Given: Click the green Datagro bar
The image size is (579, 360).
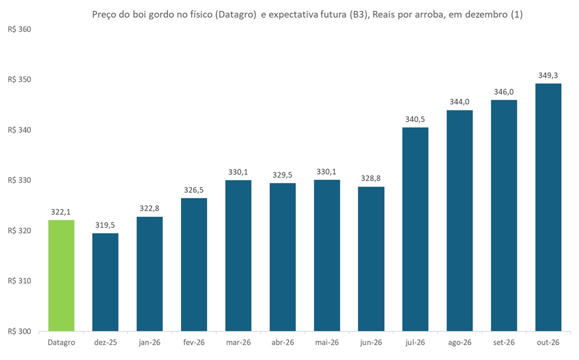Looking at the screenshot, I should (x=61, y=275).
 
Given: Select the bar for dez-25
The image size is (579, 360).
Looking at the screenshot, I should (x=105, y=282).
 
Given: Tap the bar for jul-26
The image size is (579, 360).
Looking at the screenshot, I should (x=415, y=229).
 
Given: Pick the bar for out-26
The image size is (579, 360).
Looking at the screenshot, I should (x=548, y=207).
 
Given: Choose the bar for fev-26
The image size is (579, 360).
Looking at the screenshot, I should (x=194, y=264).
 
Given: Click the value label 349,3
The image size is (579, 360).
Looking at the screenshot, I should (x=548, y=75).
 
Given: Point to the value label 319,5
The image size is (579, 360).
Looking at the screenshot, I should (x=105, y=224).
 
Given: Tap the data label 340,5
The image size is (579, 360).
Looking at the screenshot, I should (x=415, y=118).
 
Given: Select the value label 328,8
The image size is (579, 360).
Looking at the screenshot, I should (x=371, y=178).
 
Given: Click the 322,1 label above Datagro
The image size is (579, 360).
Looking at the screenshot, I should (x=61, y=211).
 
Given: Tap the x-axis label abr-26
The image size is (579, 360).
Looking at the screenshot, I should (x=282, y=343).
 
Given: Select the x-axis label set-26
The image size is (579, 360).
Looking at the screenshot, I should (x=504, y=343).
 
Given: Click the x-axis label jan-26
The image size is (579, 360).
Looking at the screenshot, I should (x=149, y=343).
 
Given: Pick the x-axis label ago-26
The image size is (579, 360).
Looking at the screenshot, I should (x=460, y=343).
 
